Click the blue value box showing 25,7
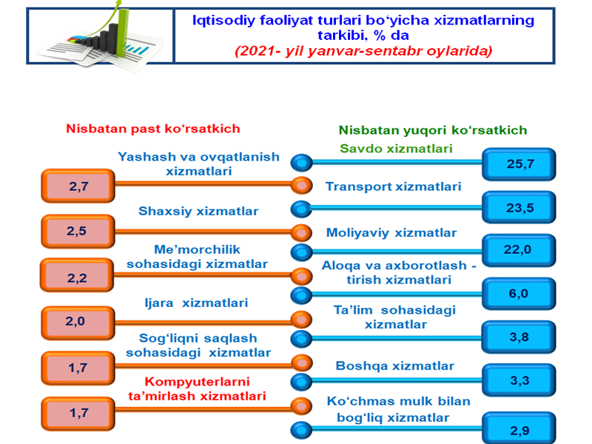[x=519, y=164]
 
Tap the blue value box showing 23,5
[x=519, y=207]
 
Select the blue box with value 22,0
[x=519, y=250]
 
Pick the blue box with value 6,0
[x=519, y=294]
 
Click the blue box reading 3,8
[x=519, y=337]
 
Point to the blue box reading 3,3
[x=519, y=381]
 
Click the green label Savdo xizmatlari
[x=396, y=148]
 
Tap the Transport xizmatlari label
[x=393, y=186]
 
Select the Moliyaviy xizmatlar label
[x=391, y=232]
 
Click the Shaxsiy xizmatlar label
[x=198, y=211]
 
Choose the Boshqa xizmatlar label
[x=394, y=366]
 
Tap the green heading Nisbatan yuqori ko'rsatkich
[x=432, y=129]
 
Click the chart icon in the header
[x=100, y=35]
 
